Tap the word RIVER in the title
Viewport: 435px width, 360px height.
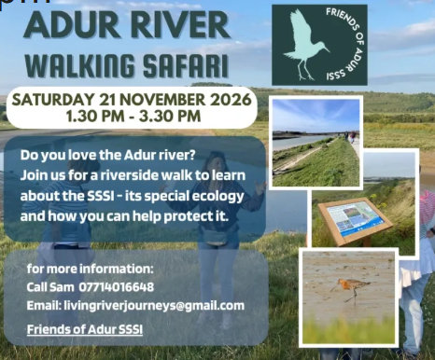180,25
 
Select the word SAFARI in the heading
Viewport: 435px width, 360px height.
186,66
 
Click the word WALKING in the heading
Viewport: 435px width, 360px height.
80,66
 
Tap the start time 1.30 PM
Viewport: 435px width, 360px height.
95,117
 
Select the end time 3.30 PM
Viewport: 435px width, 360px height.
170,117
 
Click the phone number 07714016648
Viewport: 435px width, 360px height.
117,287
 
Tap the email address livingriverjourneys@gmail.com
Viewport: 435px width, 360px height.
154,306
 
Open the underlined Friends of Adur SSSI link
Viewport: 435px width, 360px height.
85,329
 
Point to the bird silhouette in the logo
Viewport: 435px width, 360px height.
305,45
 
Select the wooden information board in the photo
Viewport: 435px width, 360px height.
355,220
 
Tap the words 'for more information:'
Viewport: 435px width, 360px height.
91,269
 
